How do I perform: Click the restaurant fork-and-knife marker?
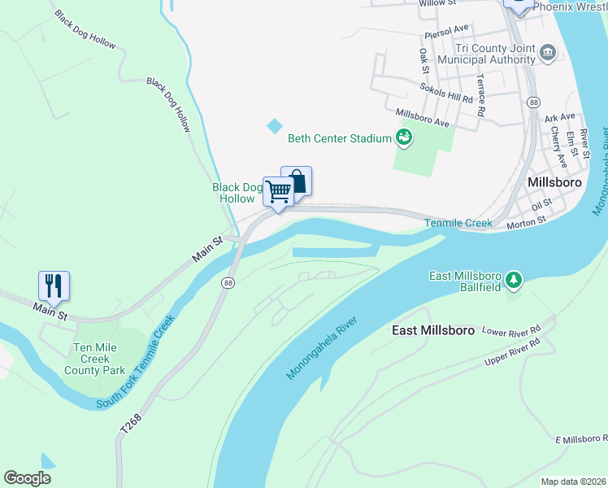54,285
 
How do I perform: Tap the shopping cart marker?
278,192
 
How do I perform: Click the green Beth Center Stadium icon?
403,138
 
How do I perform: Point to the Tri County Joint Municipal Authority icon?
547,54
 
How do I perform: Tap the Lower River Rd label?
511,331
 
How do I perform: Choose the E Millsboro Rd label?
581,439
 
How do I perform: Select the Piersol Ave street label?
448,35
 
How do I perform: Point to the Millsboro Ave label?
422,118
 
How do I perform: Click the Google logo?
28,478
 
